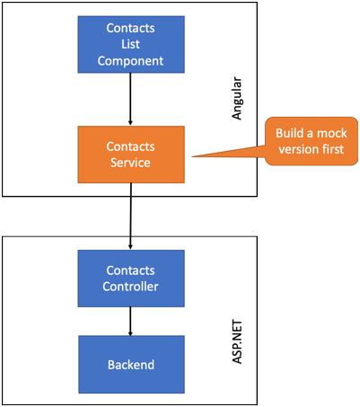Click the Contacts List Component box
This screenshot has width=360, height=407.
click(131, 44)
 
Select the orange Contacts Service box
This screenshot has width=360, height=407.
click(131, 155)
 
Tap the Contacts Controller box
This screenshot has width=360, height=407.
click(131, 279)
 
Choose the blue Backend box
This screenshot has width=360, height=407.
click(131, 364)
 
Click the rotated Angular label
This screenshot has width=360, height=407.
click(237, 99)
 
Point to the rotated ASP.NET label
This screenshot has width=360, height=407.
click(237, 342)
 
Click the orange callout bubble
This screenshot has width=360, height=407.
click(312, 141)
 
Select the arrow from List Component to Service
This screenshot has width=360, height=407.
click(130, 99)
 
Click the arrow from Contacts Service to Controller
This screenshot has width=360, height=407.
click(130, 217)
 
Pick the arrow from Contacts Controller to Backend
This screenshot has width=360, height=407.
click(130, 322)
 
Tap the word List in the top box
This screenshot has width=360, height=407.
click(130, 44)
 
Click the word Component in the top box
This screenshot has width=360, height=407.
click(130, 61)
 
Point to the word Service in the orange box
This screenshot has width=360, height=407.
click(130, 163)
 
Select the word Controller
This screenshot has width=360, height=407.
click(130, 287)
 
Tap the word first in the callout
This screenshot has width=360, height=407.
click(333, 149)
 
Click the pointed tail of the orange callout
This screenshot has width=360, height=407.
click(192, 156)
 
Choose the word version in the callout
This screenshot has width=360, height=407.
click(299, 149)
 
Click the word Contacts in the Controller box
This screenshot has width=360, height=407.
click(130, 270)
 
